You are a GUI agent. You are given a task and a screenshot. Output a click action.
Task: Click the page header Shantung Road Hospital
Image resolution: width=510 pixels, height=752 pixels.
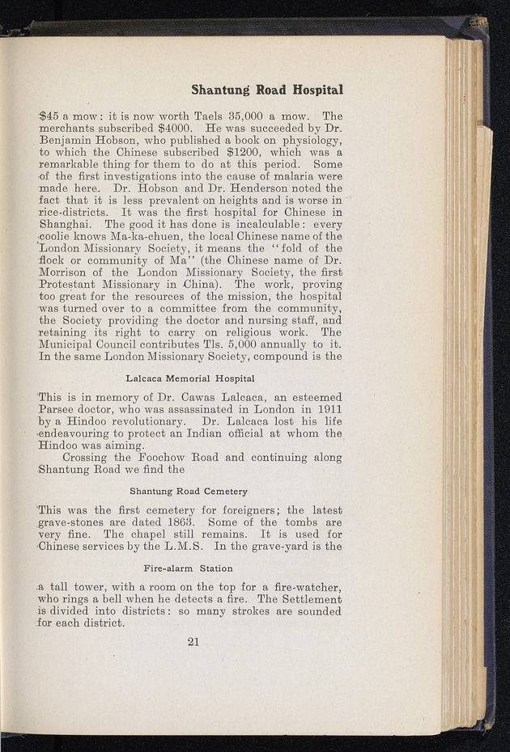[x=266, y=89]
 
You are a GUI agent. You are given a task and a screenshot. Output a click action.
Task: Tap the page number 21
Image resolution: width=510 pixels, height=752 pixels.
[x=193, y=642]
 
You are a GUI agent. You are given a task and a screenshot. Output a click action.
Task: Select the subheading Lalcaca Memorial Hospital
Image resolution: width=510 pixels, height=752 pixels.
[x=190, y=378]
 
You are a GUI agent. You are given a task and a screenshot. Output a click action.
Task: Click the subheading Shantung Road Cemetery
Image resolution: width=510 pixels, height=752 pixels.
[x=189, y=491]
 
